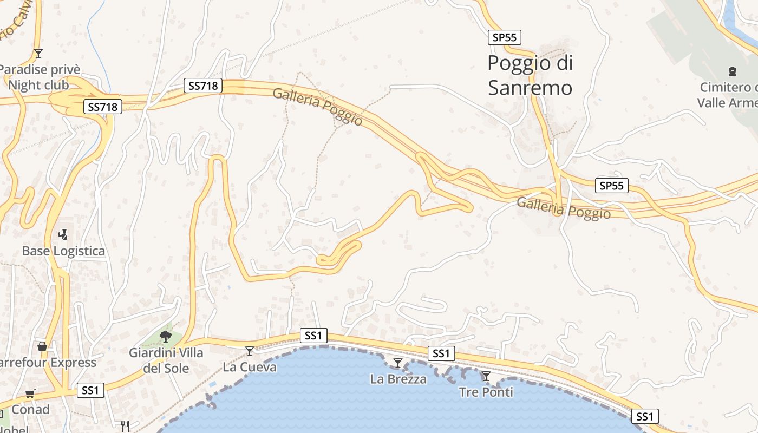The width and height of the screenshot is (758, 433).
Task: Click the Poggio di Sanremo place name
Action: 530,75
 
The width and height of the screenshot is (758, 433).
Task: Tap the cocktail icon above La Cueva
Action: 250,351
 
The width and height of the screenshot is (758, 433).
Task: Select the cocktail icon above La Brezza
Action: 398,363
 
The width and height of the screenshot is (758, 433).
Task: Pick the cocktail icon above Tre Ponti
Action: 486,376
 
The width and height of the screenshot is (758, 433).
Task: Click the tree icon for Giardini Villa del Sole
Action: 166,337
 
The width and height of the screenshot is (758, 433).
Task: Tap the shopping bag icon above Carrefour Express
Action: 42,346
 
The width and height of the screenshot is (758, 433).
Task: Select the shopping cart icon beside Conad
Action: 30,394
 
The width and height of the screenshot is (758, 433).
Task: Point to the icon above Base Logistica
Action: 63,235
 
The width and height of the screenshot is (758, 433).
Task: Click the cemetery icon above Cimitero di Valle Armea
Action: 732,71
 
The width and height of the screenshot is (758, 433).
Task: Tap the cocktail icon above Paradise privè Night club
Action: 38,53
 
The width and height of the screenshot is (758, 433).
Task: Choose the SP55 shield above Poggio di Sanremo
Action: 504,37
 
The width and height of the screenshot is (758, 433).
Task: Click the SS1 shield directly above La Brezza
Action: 441,353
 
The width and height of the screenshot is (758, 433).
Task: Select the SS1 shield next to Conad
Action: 90,390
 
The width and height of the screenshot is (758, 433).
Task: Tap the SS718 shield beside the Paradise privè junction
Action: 102,107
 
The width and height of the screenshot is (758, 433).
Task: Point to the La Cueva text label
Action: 250,367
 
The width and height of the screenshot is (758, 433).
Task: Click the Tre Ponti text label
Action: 486,392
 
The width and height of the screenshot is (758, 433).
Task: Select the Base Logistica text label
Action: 63,251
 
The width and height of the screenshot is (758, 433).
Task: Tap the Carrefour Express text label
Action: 49,363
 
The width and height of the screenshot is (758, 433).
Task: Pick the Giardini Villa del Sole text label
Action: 166,360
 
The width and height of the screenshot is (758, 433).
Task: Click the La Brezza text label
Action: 398,379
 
